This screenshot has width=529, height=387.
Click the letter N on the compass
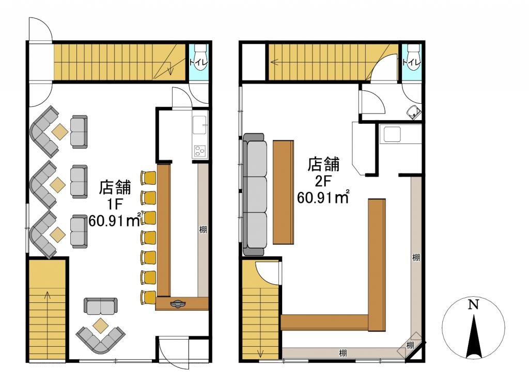coord(472,304)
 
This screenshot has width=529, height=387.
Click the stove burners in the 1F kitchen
coord(200,152)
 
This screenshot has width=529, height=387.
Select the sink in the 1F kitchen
coord(200,126)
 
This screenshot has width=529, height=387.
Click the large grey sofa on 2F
coord(255,195)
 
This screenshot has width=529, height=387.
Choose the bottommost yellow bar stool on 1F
coord(148,297)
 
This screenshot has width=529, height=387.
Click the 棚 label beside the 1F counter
coord(203,229)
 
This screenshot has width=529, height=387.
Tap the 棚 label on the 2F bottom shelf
coord(343,353)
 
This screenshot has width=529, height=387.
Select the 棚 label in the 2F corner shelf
coord(410,345)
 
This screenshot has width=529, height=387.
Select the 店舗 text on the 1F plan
coord(115,186)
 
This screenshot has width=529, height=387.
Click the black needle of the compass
coord(472,338)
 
